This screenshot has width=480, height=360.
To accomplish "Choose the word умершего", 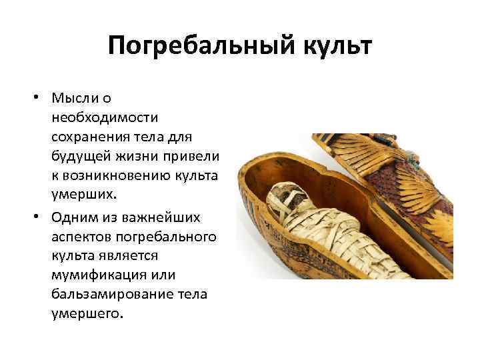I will click(87, 313).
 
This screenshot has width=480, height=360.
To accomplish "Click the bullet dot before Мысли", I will click(41, 99).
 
